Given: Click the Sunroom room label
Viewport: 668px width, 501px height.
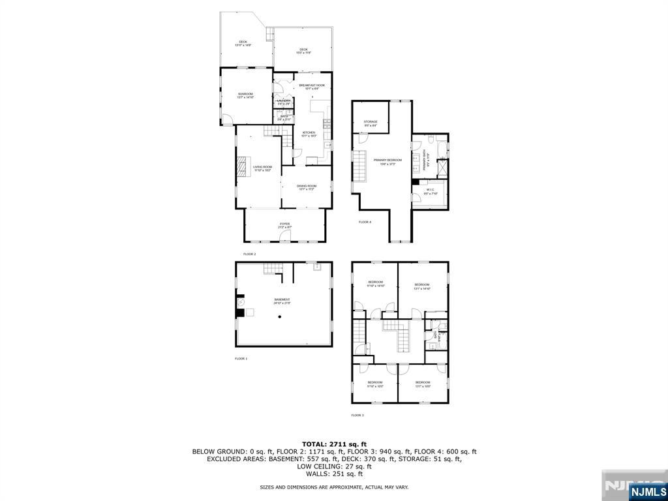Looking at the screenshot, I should tap(245, 95).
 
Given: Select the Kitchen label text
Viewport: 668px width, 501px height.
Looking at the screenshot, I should tap(309, 133).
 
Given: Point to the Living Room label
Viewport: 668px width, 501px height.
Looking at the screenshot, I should tap(263, 168).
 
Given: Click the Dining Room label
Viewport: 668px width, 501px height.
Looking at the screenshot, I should tap(306, 187).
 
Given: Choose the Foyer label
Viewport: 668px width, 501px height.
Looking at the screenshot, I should tap(284, 225).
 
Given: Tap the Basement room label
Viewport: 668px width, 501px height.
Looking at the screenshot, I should tap(282, 301).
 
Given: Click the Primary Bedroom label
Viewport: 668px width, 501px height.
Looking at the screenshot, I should tap(387, 161).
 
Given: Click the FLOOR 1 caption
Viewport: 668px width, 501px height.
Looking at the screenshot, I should tap(241, 359).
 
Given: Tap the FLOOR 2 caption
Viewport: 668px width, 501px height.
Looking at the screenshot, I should tap(250, 254).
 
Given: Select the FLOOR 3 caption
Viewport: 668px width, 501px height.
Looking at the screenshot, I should tap(357, 415).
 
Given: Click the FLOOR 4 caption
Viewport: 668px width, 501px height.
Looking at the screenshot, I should tap(365, 222).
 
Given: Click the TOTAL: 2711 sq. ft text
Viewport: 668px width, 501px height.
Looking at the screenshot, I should tap(333, 444).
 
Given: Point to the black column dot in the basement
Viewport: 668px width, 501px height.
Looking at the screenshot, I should tap(280, 317).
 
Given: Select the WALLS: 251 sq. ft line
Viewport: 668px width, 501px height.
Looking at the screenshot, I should tap(333, 474).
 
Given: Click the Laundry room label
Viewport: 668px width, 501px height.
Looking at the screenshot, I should tap(284, 101).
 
